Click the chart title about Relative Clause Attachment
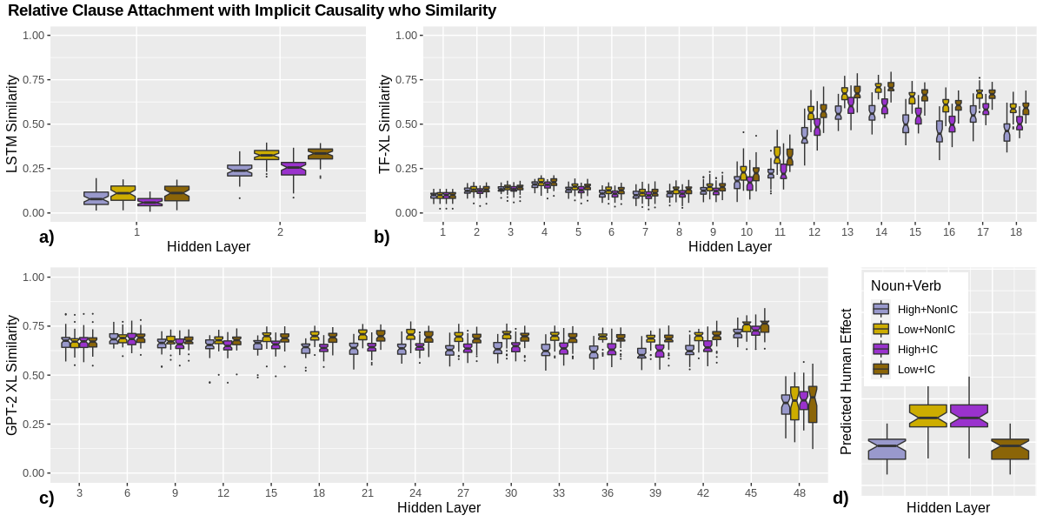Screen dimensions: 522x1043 pyautogui.click(x=252, y=11)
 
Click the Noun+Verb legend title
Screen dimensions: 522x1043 pyautogui.click(x=906, y=285)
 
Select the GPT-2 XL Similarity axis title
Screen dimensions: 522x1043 pyautogui.click(x=12, y=374)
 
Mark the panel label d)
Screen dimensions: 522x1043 pyautogui.click(x=840, y=499)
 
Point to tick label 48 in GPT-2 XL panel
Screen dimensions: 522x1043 pyautogui.click(x=799, y=493)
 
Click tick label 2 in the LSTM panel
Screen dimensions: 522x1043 pyautogui.click(x=280, y=231)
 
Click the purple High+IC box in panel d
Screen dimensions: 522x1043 pyautogui.click(x=968, y=416)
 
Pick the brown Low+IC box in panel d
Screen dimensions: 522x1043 pyautogui.click(x=1010, y=449)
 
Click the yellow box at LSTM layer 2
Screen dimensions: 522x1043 pyautogui.click(x=266, y=155)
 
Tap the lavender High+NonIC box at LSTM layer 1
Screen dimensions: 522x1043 pyautogui.click(x=96, y=198)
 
